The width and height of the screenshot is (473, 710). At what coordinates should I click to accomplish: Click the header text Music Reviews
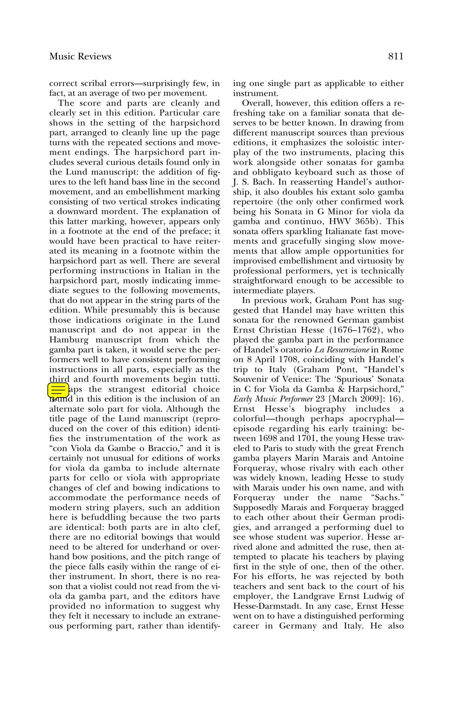tap(80, 57)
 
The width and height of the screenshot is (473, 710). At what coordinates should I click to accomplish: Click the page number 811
tap(395, 57)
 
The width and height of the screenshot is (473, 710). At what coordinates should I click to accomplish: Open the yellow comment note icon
tap(57, 390)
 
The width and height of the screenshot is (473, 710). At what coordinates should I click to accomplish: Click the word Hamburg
tap(69, 340)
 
